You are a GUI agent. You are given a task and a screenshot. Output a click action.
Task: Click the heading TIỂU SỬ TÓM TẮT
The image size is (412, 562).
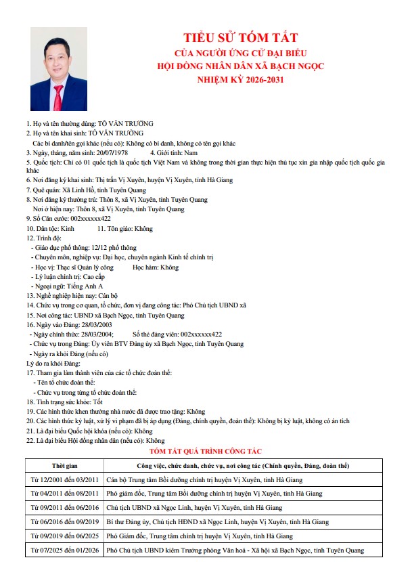[241, 37]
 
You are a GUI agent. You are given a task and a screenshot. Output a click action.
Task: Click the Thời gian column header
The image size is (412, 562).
[65, 466]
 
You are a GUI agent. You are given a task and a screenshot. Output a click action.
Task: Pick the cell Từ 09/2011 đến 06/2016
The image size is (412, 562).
[65, 507]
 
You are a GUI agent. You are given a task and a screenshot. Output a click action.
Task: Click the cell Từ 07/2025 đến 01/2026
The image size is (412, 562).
[65, 550]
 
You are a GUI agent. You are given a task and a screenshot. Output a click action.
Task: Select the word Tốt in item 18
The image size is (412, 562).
[98, 401]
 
